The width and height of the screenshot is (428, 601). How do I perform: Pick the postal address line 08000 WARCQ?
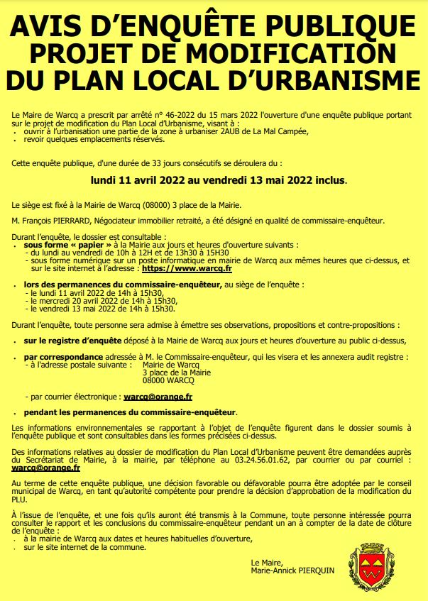(170, 380)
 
